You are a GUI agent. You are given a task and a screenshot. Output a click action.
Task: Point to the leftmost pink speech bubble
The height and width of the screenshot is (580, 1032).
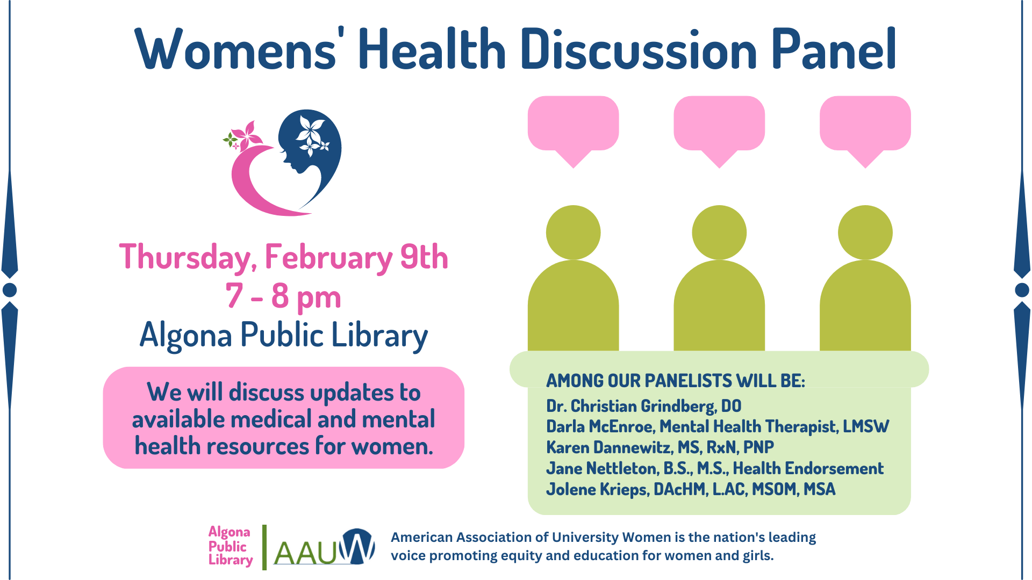pyautogui.click(x=573, y=125)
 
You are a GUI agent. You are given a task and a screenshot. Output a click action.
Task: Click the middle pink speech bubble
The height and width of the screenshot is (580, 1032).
pyautogui.click(x=719, y=125)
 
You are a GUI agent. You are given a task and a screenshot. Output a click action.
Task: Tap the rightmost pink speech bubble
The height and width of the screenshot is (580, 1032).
pyautogui.click(x=865, y=125)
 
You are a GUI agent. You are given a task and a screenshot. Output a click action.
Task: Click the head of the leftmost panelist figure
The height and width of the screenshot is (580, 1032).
pyautogui.click(x=573, y=233)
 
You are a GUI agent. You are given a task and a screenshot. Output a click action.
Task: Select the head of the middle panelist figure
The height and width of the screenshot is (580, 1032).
pyautogui.click(x=719, y=233)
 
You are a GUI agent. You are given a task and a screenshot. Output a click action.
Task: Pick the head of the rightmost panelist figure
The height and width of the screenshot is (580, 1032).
pyautogui.click(x=865, y=233)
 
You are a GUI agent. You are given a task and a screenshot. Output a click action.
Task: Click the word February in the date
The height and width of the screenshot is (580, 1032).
pyautogui.click(x=328, y=258)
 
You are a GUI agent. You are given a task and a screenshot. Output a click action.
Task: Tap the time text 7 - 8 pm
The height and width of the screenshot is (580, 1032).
pyautogui.click(x=283, y=296)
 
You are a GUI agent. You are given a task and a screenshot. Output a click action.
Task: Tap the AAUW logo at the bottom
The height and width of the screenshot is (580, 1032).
pyautogui.click(x=324, y=548)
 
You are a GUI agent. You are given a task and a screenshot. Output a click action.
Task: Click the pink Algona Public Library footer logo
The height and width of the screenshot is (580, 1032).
pyautogui.click(x=230, y=546)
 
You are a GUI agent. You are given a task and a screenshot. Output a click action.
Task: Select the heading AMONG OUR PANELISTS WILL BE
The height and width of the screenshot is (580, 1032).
pyautogui.click(x=675, y=381)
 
